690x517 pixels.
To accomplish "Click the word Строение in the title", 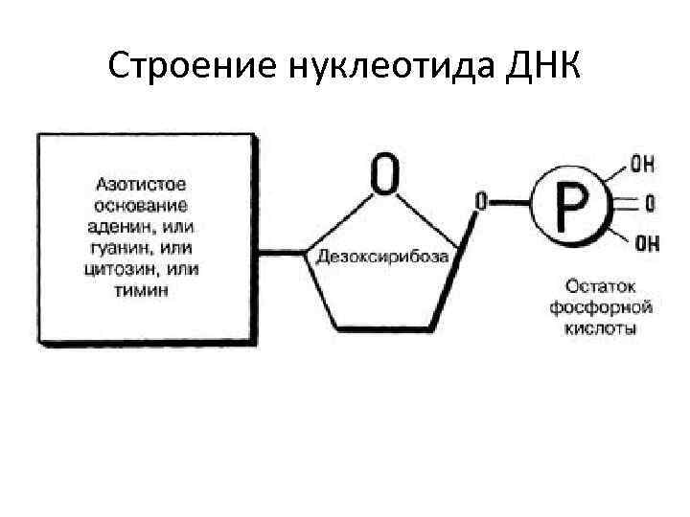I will [192, 66].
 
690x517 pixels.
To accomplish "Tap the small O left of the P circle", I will [480, 202].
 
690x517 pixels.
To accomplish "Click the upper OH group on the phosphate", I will [644, 164].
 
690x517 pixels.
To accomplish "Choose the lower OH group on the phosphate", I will [647, 243].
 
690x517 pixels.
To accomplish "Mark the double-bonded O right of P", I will [651, 203].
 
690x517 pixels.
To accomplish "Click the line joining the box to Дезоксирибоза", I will [284, 256].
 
